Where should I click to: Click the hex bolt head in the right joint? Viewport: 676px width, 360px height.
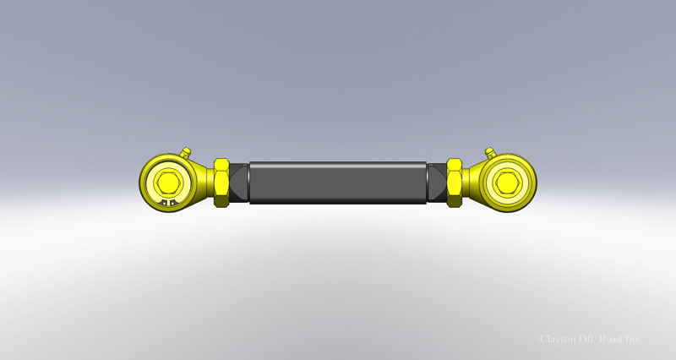(508, 180)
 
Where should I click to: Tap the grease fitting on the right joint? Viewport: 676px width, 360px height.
(488, 152)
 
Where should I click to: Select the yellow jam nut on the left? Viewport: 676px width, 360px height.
(222, 182)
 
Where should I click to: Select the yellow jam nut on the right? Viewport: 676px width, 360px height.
(454, 182)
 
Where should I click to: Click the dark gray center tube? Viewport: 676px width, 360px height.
(338, 182)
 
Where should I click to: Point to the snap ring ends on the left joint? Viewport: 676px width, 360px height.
(168, 203)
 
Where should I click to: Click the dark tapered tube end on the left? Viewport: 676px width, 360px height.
(240, 182)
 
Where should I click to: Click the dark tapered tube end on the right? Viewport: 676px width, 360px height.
(436, 182)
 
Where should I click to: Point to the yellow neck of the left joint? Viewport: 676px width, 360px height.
(204, 181)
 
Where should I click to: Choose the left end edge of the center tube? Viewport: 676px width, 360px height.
(250, 182)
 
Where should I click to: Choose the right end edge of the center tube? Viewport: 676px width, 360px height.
(426, 182)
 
